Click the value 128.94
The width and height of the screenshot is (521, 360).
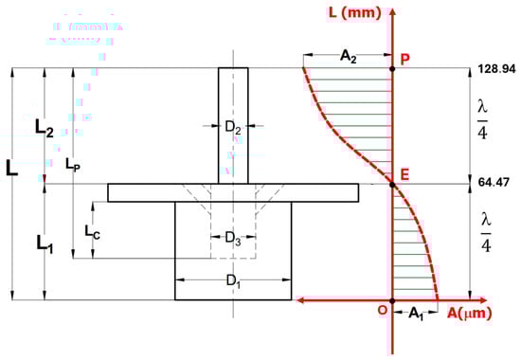[496, 69]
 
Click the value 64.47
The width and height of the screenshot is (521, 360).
[494, 182]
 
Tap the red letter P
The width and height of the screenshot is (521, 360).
[404, 59]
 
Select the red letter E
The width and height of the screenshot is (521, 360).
[404, 174]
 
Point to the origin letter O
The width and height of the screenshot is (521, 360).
[383, 310]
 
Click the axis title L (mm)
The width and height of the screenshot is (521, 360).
[355, 12]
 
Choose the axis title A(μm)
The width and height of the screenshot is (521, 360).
[469, 314]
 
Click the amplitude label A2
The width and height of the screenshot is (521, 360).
[348, 56]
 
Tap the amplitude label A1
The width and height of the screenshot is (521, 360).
[416, 314]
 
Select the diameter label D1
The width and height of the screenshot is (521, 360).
[233, 281]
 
